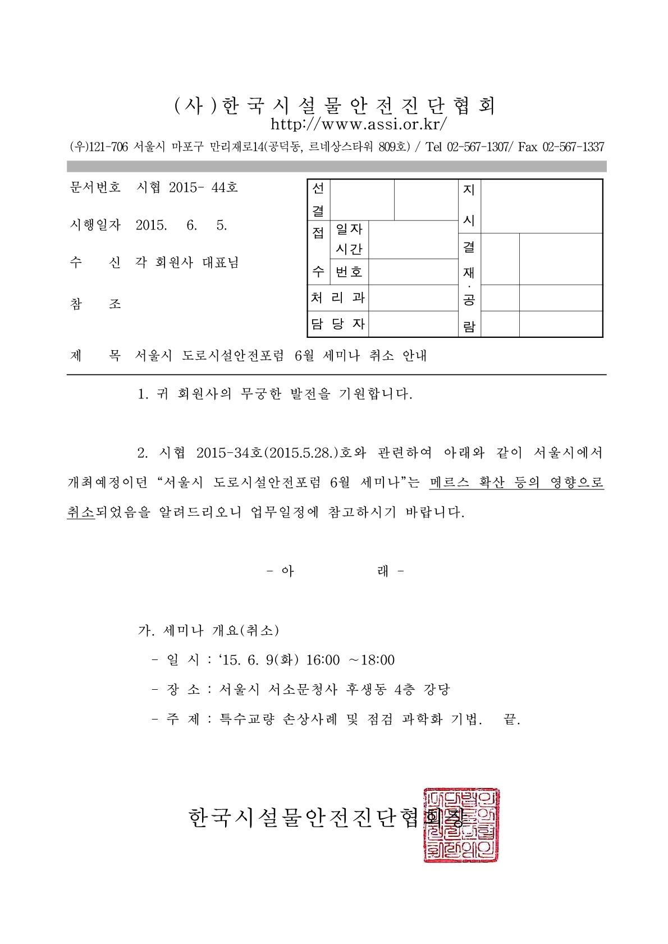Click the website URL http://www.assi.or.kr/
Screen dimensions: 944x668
[359, 123]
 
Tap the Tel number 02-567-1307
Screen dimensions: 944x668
[477, 147]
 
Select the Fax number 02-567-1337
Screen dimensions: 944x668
[573, 147]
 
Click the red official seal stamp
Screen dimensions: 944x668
[461, 824]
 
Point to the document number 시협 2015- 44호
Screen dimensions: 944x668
[187, 187]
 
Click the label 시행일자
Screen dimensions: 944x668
[95, 225]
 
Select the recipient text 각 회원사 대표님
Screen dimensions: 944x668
[187, 263]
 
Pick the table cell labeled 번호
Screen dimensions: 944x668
[349, 272]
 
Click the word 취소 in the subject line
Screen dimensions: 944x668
[382, 356]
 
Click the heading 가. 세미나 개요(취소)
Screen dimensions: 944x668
[208, 630]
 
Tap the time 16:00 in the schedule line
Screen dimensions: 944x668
[323, 660]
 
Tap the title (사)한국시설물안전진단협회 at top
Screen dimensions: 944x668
[336, 106]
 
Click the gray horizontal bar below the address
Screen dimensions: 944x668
[336, 166]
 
